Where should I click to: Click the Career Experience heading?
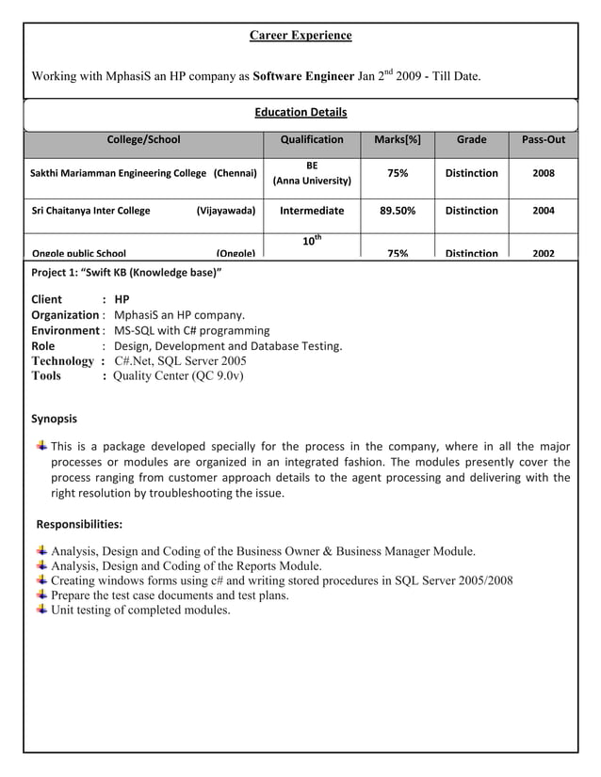point(300,36)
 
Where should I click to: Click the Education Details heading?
point(300,113)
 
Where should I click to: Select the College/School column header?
point(143,140)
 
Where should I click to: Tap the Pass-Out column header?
point(543,140)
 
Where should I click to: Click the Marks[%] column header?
point(398,140)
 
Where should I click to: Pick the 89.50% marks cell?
point(398,211)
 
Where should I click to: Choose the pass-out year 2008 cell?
point(544,173)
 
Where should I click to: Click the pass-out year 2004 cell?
point(544,211)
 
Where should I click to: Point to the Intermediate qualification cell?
point(312,211)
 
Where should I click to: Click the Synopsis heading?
point(55,419)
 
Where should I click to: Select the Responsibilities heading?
point(78,524)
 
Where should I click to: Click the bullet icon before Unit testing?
point(41,610)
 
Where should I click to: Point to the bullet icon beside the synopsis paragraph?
point(41,445)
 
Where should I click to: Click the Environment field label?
point(65,330)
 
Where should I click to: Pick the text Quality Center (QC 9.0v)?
point(178,375)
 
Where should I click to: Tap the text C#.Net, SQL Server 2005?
point(181,360)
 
